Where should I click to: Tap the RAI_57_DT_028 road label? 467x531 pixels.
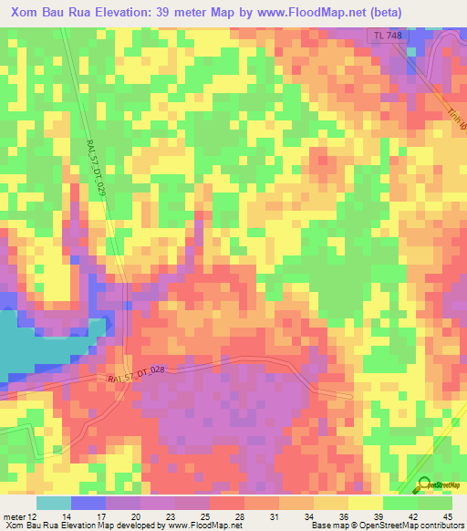point(136,373)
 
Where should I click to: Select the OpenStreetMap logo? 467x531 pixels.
point(437,486)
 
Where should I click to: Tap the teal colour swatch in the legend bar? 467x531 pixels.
point(54,502)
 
